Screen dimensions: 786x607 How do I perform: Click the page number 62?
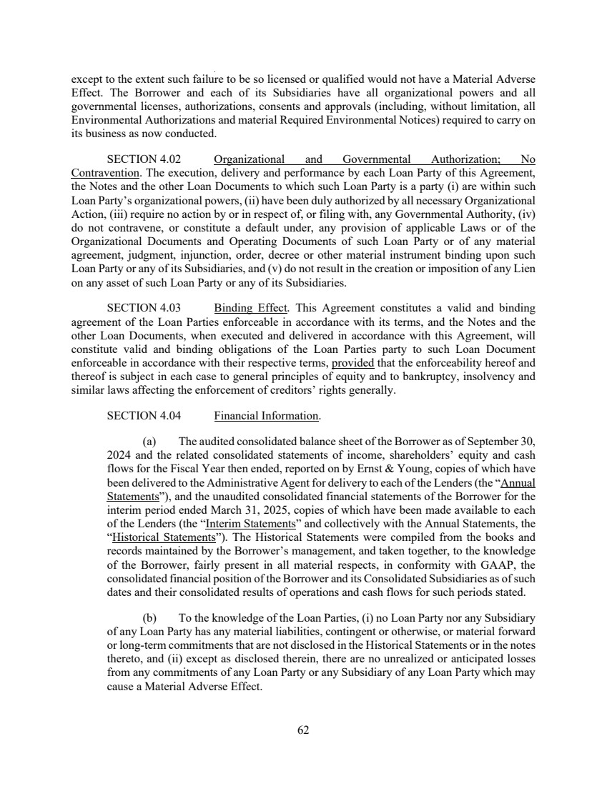pyautogui.click(x=303, y=730)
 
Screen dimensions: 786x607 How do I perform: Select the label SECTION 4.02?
pyautogui.click(x=139, y=159)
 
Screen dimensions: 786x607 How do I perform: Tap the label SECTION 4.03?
pyautogui.click(x=139, y=309)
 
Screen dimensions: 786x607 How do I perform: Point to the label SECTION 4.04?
pyautogui.click(x=139, y=415)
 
